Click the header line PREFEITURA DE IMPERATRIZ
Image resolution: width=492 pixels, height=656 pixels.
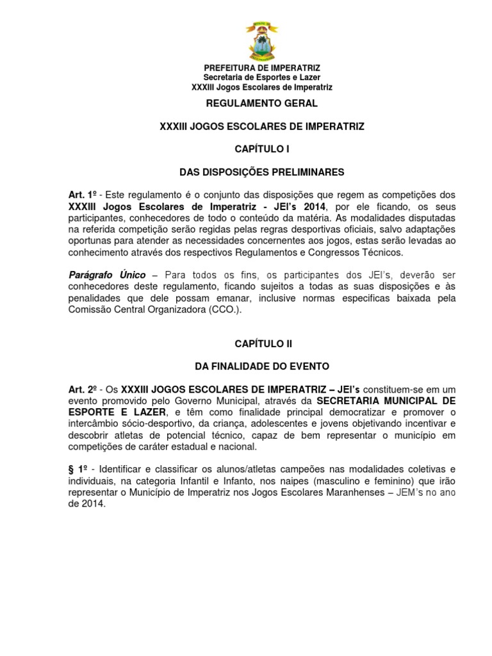point(262,68)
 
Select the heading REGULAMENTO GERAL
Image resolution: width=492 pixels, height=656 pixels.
point(261,102)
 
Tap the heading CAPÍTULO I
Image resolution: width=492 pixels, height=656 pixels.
point(261,149)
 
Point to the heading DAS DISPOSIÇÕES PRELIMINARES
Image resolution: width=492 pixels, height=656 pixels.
point(261,172)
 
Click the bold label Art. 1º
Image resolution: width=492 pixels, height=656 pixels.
point(83,194)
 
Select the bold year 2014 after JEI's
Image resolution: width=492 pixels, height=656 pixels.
point(311,206)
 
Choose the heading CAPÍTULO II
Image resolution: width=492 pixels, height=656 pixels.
point(263,343)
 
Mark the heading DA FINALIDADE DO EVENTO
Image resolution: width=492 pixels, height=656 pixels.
point(261,366)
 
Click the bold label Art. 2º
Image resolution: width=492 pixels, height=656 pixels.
point(83,389)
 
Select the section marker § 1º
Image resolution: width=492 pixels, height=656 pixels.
point(79,470)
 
